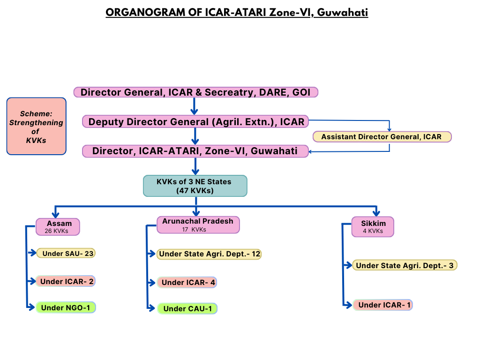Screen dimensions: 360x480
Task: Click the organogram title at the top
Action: click(237, 12)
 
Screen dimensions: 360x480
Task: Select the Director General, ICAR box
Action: click(196, 92)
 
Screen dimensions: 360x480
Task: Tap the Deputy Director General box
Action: click(196, 122)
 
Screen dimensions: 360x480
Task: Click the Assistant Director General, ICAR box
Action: click(382, 137)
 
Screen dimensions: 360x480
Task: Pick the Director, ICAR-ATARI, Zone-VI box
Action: click(196, 151)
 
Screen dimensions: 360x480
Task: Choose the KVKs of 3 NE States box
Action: click(195, 186)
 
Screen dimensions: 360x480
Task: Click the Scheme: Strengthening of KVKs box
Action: click(36, 126)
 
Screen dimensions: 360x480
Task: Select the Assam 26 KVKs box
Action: click(58, 227)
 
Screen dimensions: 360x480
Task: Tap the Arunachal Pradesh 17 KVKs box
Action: click(198, 225)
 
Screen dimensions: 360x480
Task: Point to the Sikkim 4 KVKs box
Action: click(373, 227)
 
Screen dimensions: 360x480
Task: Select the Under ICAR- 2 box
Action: click(66, 281)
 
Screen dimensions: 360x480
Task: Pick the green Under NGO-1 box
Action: click(66, 307)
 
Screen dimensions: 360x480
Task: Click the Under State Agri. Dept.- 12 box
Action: click(209, 254)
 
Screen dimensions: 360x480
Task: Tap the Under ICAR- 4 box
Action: click(187, 282)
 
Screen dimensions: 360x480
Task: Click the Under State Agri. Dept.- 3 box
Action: click(405, 265)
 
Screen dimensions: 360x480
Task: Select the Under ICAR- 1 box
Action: click(382, 305)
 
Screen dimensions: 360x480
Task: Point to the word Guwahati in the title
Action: click(342, 12)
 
